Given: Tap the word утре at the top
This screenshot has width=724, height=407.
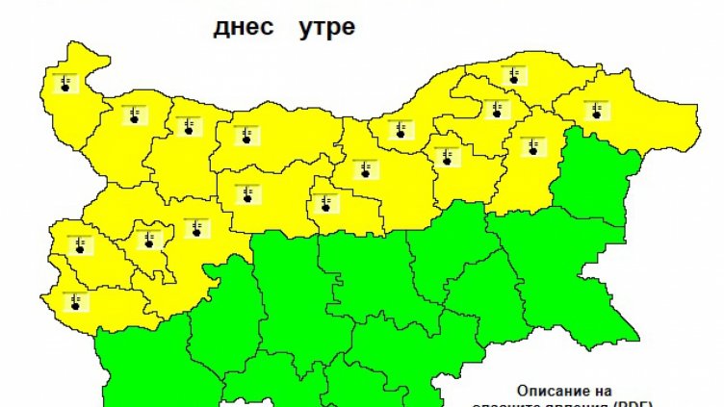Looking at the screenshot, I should tap(326, 27).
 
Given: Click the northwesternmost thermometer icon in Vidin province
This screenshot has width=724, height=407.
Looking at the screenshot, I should tap(65, 83).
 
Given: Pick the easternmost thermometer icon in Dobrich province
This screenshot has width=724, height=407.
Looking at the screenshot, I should tap(596, 109).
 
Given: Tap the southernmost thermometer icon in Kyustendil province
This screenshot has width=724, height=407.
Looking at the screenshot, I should tap(75, 302).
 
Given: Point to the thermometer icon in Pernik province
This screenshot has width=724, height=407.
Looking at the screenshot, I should tap(79, 244).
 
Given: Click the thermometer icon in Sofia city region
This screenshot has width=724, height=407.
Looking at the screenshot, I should tap(148, 239).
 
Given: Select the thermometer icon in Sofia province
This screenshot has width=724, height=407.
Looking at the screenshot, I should tap(196, 228).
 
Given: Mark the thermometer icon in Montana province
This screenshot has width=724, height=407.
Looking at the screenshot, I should tap(132, 116).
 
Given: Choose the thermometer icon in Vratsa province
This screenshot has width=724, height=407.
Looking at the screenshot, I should tap(186, 127).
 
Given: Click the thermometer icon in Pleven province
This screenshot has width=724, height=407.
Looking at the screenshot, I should tap(246, 135).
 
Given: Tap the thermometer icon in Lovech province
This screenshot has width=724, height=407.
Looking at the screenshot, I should tap(247, 194).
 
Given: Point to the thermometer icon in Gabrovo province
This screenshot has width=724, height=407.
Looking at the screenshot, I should tap(326, 202).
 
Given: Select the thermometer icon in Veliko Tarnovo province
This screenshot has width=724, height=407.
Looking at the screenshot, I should tap(365, 170).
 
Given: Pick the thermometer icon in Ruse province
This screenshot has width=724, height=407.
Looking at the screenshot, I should tap(400, 130).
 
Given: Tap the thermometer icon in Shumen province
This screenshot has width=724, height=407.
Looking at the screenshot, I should tap(532, 147).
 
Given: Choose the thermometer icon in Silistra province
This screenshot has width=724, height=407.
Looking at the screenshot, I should tap(514, 75).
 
